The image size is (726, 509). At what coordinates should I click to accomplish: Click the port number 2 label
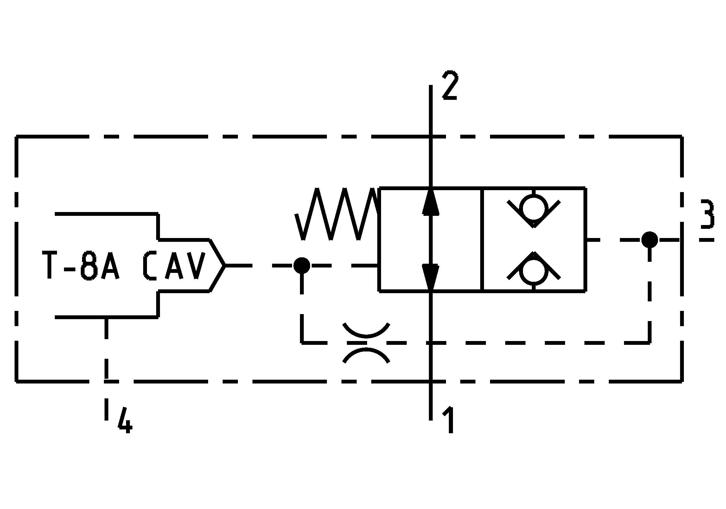450,86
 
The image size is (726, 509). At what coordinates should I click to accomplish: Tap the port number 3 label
707,214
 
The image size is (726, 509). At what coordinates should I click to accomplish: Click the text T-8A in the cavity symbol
81,266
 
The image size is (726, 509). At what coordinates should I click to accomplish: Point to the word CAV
174,266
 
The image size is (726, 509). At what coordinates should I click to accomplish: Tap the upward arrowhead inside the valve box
431,203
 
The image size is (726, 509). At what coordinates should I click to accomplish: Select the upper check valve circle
534,209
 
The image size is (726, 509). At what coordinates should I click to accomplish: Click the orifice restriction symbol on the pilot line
366,343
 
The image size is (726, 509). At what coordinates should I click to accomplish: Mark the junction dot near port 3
649,240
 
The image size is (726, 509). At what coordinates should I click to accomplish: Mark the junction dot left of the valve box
302,266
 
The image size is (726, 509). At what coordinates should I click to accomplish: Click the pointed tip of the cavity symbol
225,265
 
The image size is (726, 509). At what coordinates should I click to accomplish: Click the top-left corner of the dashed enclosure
16,137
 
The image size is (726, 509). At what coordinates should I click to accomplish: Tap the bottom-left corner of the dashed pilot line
302,343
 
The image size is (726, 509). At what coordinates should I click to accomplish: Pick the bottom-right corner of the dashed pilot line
650,343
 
